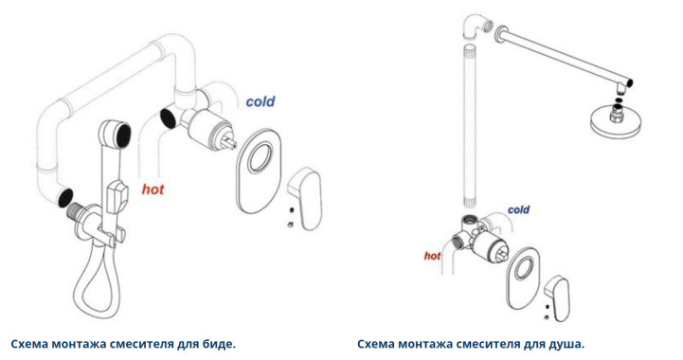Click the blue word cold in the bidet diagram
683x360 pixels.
(x=261, y=101)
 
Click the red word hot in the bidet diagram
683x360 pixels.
(x=153, y=189)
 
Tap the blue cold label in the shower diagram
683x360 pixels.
(x=518, y=209)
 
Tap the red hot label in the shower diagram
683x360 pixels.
(x=432, y=256)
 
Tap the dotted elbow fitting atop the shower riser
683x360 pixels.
(x=476, y=27)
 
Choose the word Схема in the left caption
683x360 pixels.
(x=29, y=344)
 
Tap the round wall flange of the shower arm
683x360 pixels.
(x=501, y=34)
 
